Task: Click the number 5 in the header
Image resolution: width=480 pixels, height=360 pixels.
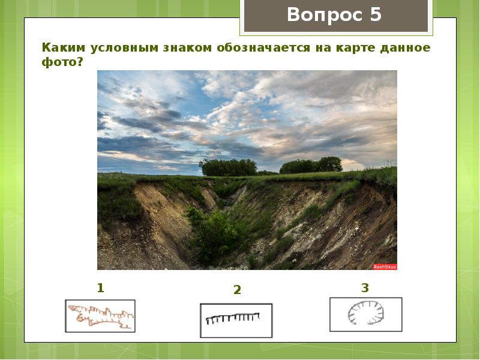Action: click(376, 14)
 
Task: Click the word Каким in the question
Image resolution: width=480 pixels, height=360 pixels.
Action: click(61, 48)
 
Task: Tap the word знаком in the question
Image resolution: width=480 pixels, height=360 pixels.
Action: click(191, 48)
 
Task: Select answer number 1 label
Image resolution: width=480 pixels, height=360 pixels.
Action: click(100, 288)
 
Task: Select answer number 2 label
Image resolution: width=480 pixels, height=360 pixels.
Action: click(237, 290)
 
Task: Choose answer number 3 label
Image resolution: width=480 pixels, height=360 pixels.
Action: click(365, 288)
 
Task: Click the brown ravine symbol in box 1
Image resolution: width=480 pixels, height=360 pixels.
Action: click(100, 316)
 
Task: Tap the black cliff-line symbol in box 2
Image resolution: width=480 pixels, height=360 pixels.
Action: click(234, 318)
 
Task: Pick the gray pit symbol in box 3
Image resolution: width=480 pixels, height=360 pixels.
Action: click(365, 314)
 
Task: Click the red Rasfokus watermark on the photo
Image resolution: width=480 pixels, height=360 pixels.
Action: click(385, 266)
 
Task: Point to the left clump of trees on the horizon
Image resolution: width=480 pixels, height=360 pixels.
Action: click(228, 167)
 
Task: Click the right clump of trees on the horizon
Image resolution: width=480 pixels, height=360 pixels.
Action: click(312, 165)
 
